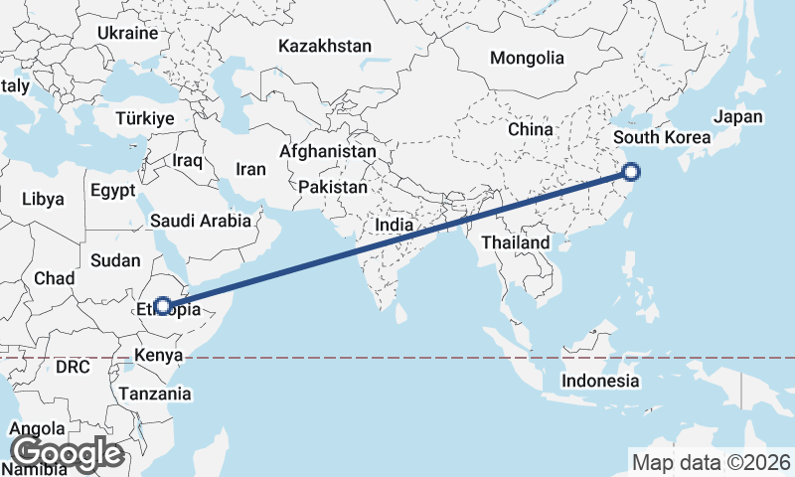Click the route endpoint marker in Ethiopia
162,306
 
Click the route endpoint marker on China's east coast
631,172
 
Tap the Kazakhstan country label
325,46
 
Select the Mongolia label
526,58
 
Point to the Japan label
738,116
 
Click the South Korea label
662,137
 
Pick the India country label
394,226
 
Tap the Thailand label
516,242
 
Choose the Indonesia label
600,381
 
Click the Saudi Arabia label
202,221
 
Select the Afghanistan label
328,152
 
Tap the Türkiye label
144,118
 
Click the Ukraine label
127,33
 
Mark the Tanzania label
155,394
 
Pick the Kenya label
159,355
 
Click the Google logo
67,453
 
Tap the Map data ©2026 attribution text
712,462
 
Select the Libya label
43,199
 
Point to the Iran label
250,168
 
